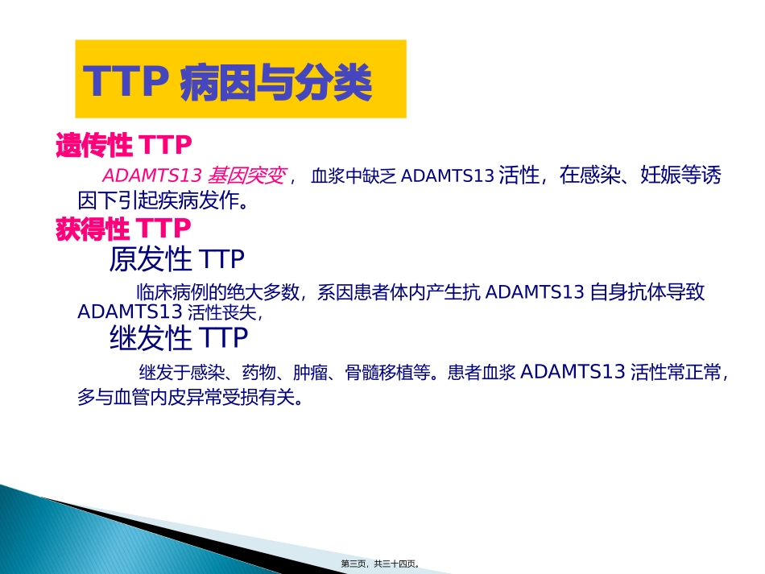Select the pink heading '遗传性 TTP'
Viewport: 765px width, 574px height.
124,146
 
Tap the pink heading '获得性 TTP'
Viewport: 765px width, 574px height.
124,229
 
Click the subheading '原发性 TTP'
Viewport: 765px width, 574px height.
176,259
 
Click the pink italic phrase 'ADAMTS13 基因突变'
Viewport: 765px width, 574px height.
193,176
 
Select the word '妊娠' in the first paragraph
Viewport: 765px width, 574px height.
659,176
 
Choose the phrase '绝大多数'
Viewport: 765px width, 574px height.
261,292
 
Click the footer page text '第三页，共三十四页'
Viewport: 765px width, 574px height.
381,564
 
